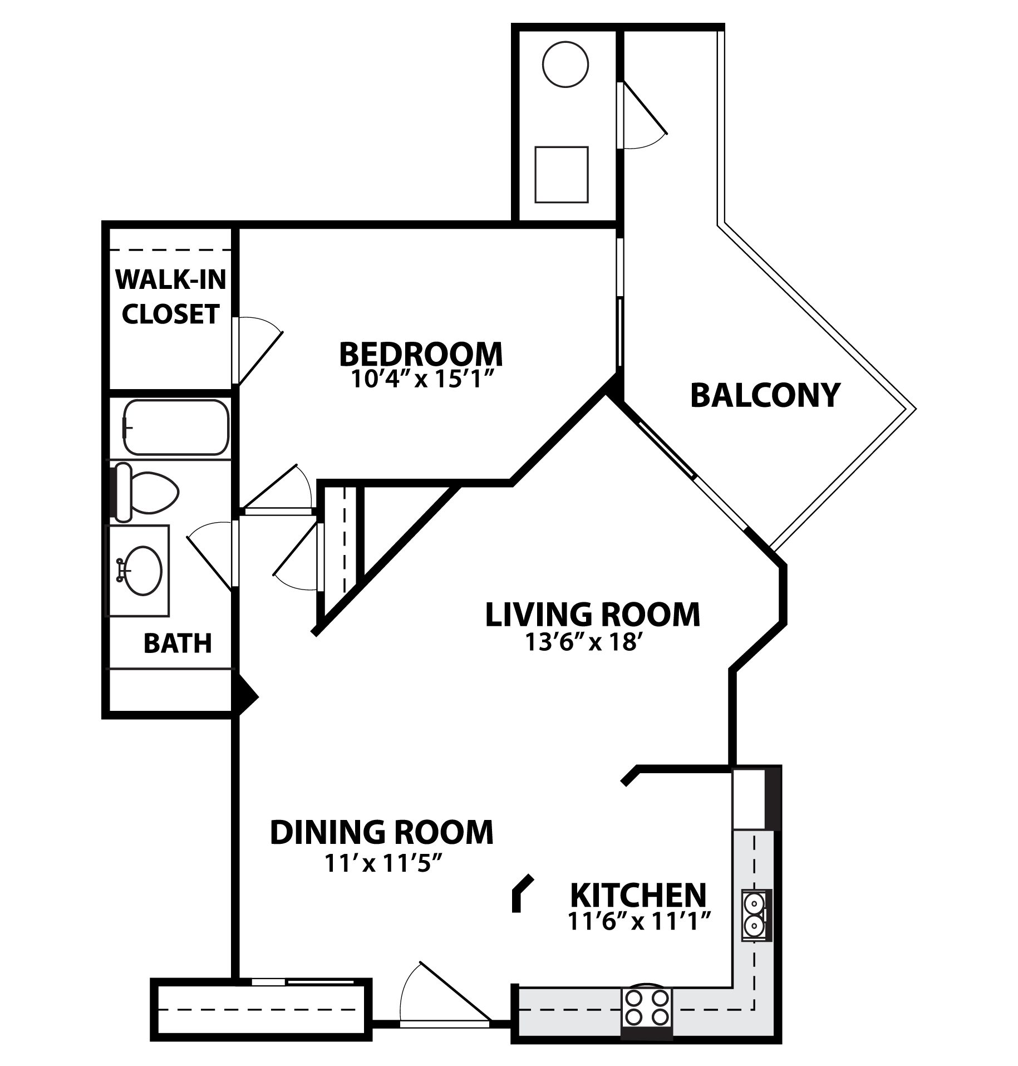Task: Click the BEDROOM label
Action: [x=420, y=353]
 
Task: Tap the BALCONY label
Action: [x=765, y=395]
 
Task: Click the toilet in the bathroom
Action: [x=146, y=492]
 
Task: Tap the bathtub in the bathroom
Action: [x=176, y=428]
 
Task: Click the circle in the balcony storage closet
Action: [x=565, y=64]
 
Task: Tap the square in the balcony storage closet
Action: [x=561, y=175]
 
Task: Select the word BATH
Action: [x=178, y=643]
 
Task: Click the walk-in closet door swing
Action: [x=258, y=350]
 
